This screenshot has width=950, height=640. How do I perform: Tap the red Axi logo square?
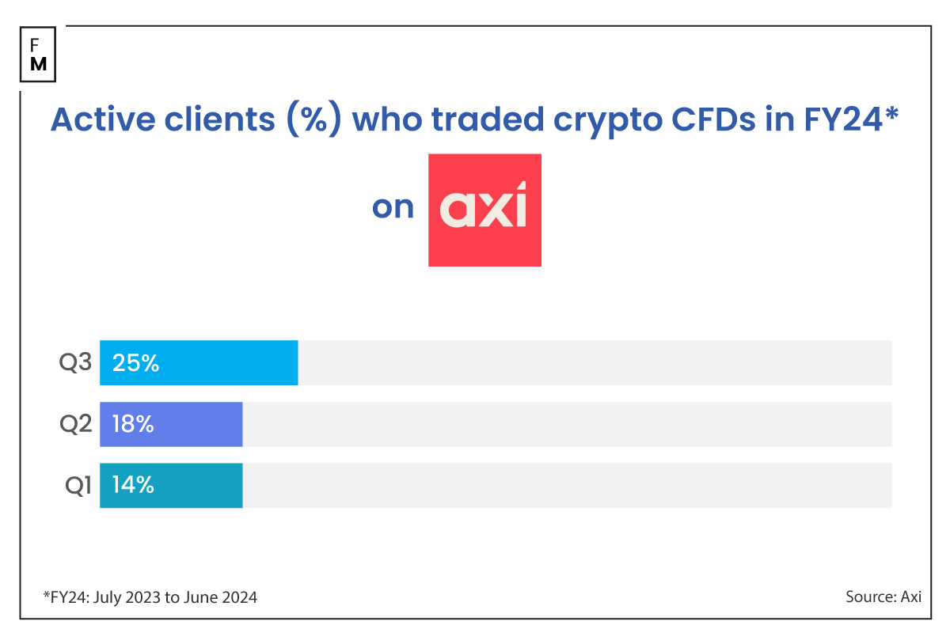(484, 210)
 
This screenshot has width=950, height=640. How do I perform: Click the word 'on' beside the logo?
(393, 207)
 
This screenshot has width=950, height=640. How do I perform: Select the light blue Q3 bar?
(199, 363)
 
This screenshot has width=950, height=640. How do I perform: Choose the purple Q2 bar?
(171, 424)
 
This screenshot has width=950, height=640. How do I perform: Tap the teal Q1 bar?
(171, 485)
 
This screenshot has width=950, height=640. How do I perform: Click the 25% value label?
(135, 363)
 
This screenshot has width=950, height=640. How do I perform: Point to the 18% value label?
(133, 424)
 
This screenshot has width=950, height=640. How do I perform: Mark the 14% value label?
(133, 485)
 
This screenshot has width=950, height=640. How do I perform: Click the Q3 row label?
(76, 363)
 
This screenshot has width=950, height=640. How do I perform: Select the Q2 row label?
(76, 424)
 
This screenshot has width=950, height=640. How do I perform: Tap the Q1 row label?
(78, 485)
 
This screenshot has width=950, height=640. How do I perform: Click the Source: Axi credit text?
(882, 597)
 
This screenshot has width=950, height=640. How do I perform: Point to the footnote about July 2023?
(150, 597)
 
